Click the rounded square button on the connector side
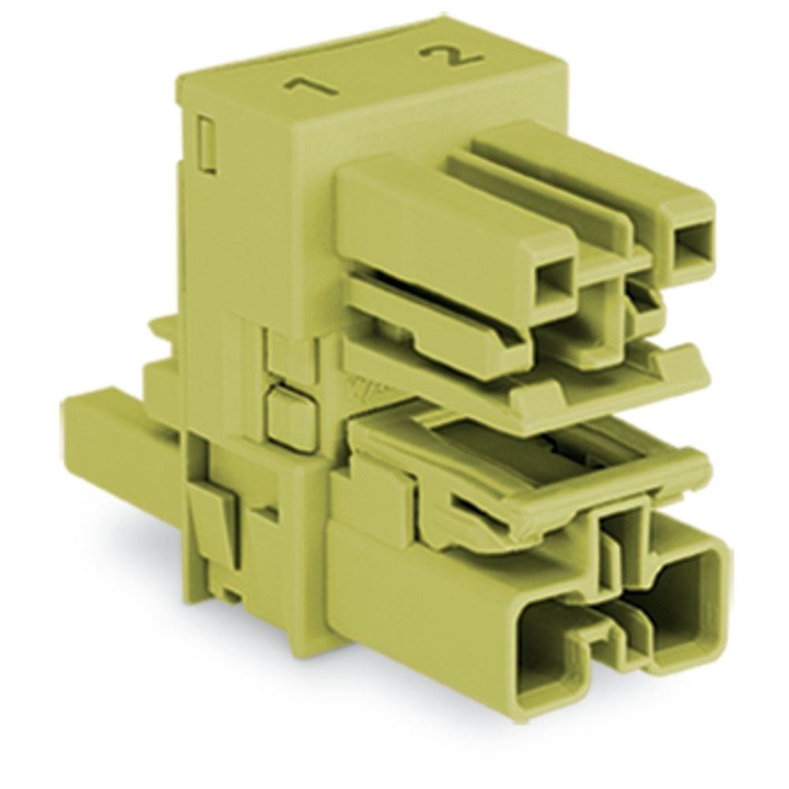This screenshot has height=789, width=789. click(290, 415)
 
